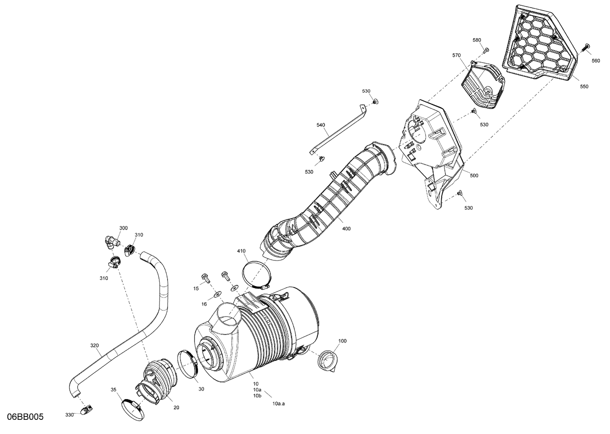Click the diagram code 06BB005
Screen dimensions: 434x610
25,417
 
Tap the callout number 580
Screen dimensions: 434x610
477,40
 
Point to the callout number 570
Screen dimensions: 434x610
456,55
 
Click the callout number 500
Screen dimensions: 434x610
474,176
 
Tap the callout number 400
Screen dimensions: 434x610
346,229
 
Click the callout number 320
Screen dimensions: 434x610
94,345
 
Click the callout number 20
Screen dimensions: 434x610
176,408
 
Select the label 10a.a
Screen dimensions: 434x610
279,404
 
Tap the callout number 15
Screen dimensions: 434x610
196,289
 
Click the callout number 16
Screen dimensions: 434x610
204,304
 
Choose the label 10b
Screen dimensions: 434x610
257,395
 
